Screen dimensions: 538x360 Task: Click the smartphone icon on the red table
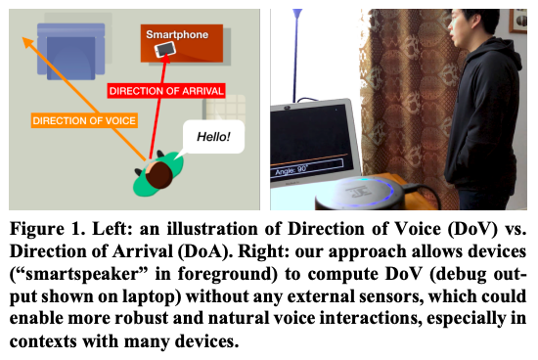point(165,50)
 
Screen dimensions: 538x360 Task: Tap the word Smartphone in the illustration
point(177,34)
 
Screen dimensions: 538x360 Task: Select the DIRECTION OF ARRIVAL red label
point(166,91)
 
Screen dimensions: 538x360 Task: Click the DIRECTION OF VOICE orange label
point(84,120)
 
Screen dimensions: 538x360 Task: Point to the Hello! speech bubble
point(213,137)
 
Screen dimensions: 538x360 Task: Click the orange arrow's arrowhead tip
point(23,38)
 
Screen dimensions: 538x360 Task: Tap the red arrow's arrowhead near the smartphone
point(166,59)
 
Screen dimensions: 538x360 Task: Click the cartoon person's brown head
point(158,175)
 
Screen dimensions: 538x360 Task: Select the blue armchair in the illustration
point(71,52)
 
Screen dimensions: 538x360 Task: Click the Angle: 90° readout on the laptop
point(291,169)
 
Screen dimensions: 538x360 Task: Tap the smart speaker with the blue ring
point(359,194)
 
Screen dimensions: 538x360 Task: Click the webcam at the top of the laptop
point(287,108)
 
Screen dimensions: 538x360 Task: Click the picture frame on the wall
point(518,22)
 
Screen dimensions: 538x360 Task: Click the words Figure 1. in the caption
point(47,229)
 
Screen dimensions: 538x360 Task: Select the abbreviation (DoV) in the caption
point(472,229)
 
